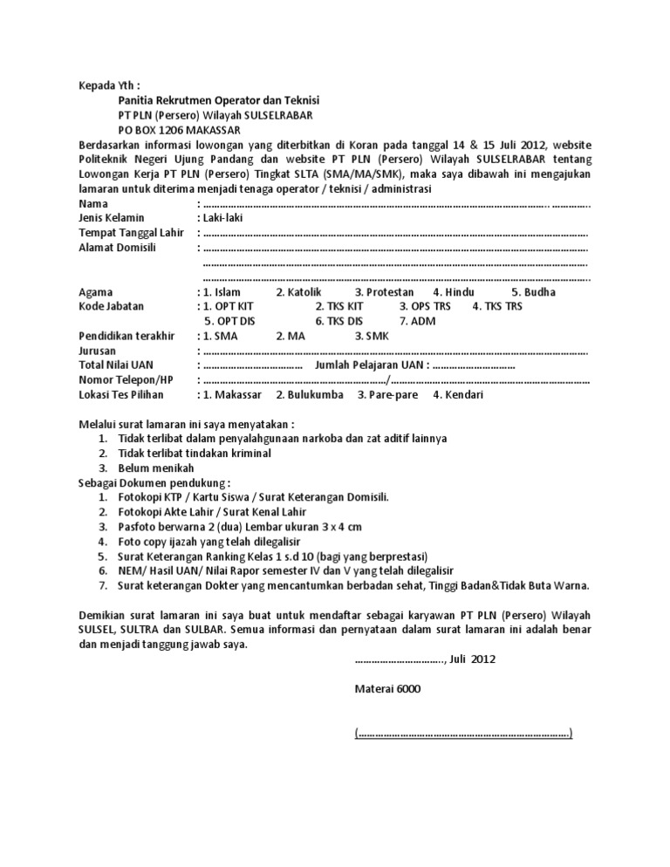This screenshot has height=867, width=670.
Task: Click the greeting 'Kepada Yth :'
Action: coord(109,86)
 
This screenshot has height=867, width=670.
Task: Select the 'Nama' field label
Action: coord(93,203)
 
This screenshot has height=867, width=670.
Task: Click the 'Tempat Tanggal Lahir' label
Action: coord(129,233)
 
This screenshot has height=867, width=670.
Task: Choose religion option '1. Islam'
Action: coord(221,292)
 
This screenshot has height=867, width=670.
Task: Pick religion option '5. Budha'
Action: coord(533,292)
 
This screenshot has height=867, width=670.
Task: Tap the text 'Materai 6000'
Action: coord(387,689)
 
